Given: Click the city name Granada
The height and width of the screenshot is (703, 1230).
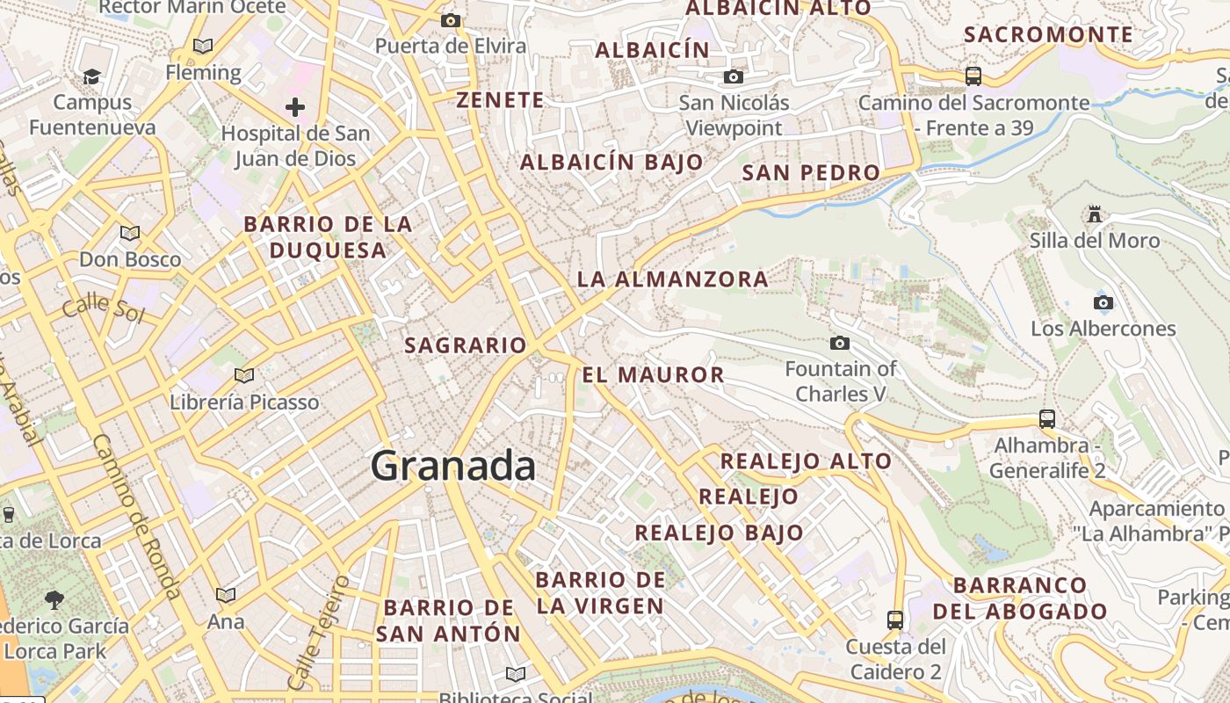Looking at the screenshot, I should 453,466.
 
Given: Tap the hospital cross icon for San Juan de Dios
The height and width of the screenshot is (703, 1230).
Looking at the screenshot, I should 295,108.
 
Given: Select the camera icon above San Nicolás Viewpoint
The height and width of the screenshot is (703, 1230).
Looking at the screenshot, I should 734,77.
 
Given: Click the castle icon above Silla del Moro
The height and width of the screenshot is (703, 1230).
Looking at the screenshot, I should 1094,214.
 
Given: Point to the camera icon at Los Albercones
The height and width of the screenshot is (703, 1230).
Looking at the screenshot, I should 1103,303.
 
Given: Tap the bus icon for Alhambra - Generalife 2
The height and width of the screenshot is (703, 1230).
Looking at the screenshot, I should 1046,419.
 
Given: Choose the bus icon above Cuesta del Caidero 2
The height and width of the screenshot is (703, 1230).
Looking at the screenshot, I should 895,620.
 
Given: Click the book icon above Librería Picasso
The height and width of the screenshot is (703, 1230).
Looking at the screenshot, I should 244,376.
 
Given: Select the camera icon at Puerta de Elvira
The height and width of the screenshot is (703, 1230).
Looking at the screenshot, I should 451,20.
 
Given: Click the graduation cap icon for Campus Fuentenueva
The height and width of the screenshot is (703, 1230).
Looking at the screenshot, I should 91,77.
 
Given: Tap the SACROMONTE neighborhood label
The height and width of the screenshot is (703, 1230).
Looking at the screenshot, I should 1048,35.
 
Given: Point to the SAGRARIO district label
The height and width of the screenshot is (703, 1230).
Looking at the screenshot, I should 465,345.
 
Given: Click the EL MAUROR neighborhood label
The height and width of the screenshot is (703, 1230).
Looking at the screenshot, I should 653,375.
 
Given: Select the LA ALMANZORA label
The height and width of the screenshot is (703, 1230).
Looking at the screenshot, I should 672,279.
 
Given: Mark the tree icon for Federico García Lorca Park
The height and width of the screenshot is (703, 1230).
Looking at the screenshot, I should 54,600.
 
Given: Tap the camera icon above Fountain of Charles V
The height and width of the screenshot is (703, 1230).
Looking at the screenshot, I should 840,343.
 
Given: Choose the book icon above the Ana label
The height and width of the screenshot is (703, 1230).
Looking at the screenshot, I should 226,596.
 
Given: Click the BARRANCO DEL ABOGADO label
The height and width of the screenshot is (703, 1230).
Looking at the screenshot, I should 1020,598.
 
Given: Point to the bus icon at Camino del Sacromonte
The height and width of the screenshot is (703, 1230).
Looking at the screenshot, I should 973,76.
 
